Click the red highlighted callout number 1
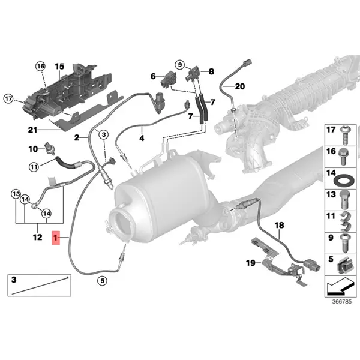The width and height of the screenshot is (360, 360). pyautogui.click(x=56, y=239)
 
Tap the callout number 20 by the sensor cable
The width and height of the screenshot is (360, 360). pyautogui.click(x=240, y=86)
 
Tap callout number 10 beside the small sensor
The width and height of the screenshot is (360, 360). pyautogui.click(x=34, y=148)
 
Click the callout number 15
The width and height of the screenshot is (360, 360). pyautogui.click(x=59, y=65)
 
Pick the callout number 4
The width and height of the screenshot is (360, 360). pyautogui.click(x=142, y=139)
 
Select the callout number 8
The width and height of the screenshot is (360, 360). pyautogui.click(x=211, y=72)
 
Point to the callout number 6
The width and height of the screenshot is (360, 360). pyautogui.click(x=153, y=76)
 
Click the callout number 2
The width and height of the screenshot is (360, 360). pyautogui.click(x=77, y=138)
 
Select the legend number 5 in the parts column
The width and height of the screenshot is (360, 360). pyautogui.click(x=329, y=259)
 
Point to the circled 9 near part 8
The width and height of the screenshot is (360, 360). pyautogui.click(x=179, y=64)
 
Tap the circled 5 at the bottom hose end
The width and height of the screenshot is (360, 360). pyautogui.click(x=102, y=280)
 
